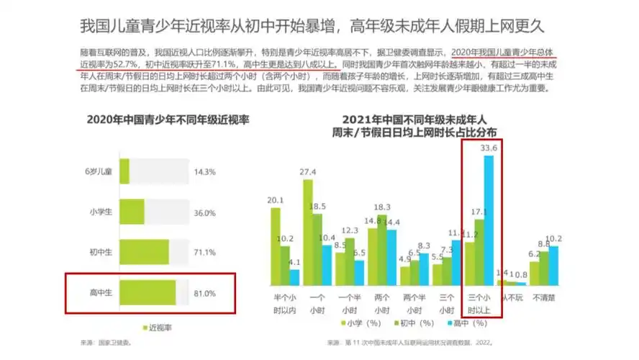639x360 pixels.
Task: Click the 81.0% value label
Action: [205, 293]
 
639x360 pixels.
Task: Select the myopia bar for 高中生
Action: [148, 293]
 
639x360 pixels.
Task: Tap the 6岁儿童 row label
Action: [98, 172]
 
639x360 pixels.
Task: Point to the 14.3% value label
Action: [205, 173]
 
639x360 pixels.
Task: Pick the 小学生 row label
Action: [99, 212]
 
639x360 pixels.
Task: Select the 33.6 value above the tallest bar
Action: [489, 148]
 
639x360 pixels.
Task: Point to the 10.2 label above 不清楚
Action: [554, 239]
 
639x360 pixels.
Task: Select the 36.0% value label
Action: [205, 213]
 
